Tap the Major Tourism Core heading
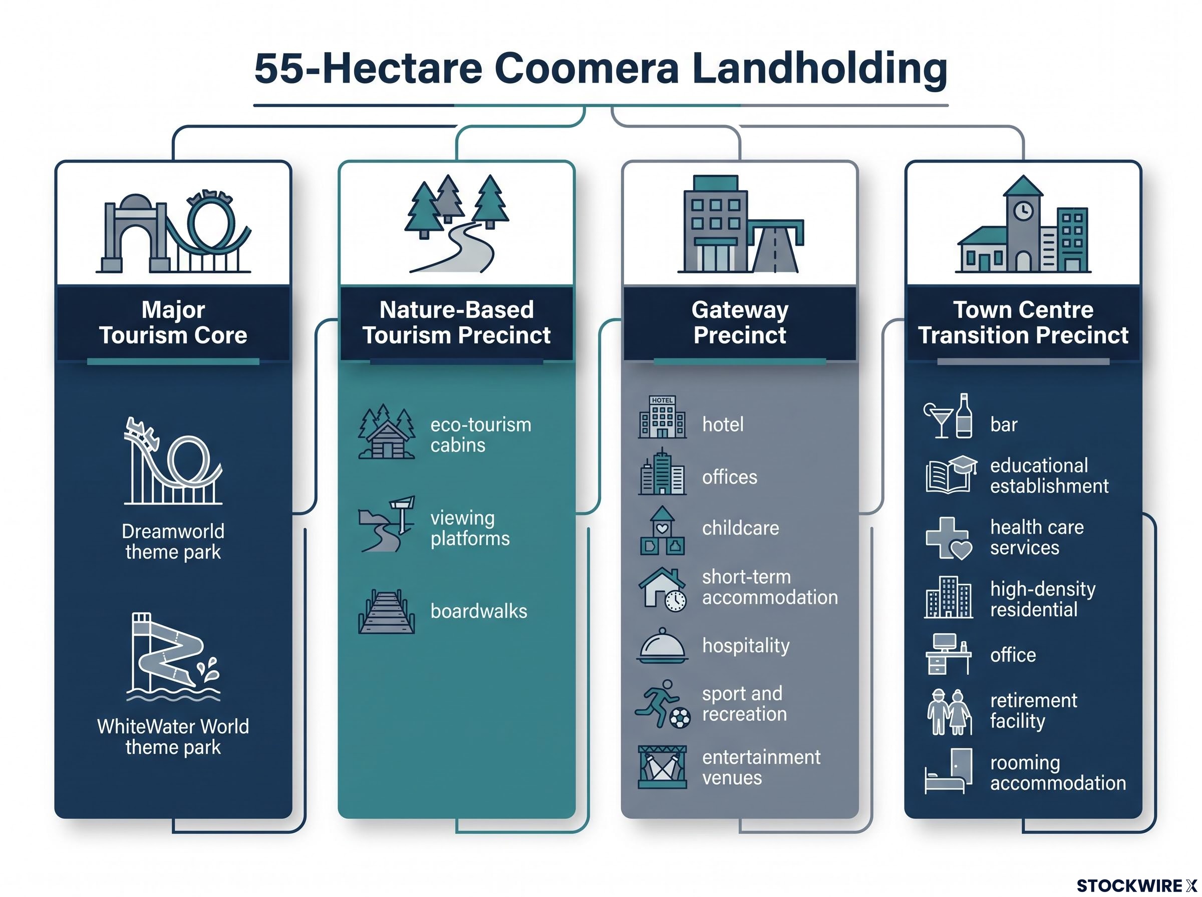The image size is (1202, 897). [173, 322]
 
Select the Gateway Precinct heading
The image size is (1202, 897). [739, 322]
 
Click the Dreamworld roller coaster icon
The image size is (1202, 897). [173, 461]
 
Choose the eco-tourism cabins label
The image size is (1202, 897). [481, 434]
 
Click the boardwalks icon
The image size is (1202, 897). [386, 611]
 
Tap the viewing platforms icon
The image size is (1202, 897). [386, 524]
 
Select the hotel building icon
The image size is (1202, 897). [662, 417]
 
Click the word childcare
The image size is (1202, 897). [740, 528]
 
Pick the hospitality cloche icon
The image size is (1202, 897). [662, 646]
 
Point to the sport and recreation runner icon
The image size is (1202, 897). [663, 703]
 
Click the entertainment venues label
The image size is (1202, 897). [761, 767]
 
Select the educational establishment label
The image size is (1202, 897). [1049, 476]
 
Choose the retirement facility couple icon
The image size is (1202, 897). [949, 712]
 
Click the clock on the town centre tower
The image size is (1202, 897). [1023, 210]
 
